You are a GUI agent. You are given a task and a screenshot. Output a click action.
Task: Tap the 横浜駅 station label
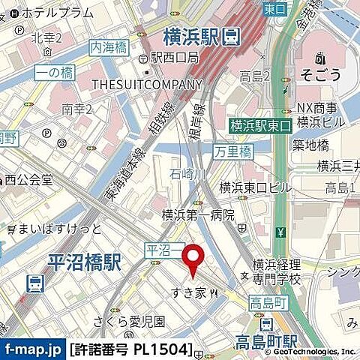(190, 34)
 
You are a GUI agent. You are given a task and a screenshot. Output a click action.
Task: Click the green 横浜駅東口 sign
(259, 126)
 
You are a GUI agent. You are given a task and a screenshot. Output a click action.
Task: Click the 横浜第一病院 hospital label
(199, 215)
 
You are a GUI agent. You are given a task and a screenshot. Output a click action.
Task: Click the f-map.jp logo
(32, 349)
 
